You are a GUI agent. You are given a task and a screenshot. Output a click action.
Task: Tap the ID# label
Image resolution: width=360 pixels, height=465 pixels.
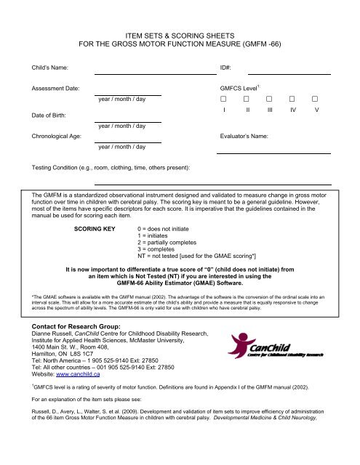(225, 68)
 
